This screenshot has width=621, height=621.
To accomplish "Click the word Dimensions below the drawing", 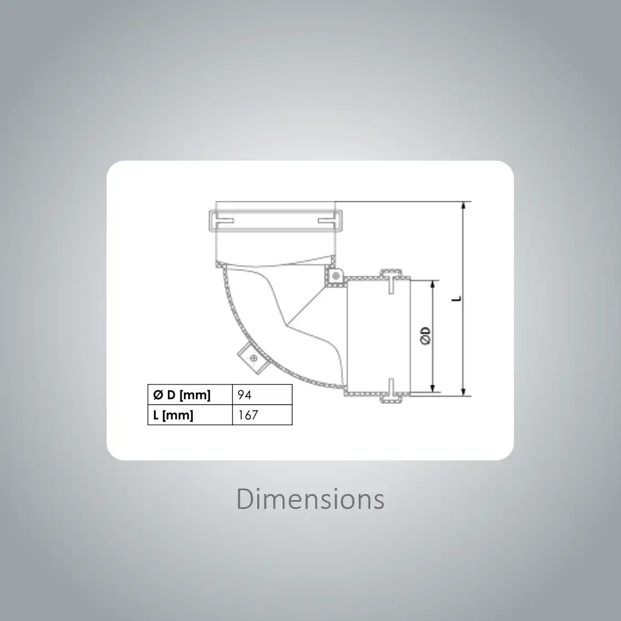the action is point(310,499).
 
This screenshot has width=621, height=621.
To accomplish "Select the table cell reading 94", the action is point(262,395).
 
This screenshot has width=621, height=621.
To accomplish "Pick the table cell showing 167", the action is point(262,415).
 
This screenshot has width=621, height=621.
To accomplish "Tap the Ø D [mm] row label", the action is point(182,395).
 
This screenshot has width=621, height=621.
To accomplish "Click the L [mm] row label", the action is point(173,415).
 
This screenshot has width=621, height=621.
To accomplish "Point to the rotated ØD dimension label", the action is point(426,336).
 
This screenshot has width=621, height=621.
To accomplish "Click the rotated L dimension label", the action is point(457,298).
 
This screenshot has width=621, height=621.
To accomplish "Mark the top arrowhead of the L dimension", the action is point(464,206).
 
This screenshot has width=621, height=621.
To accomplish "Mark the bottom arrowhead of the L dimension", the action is point(464,391).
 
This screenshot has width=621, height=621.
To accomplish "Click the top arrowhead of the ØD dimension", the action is point(433,285).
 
